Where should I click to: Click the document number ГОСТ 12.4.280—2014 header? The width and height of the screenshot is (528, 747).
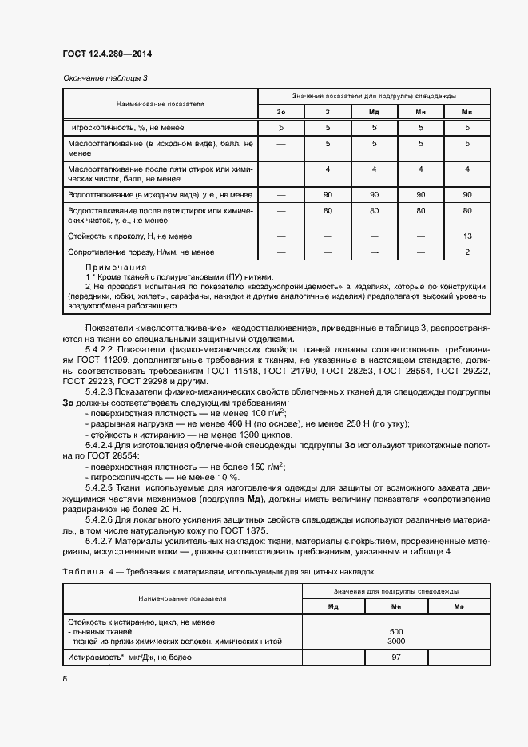tap(106, 54)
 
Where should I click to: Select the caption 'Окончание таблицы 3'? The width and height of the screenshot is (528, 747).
tap(105, 77)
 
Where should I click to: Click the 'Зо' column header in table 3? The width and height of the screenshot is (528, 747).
tap(280, 112)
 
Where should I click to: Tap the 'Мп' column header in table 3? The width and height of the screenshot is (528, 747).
tap(467, 112)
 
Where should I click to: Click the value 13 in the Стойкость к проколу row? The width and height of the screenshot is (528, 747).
tap(467, 236)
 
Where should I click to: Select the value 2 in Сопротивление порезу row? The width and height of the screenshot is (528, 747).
tap(467, 252)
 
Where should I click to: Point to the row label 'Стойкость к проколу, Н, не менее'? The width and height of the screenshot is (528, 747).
tap(129, 236)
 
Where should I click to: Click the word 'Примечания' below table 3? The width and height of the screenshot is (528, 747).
tap(116, 267)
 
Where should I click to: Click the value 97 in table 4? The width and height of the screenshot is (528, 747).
tap(396, 657)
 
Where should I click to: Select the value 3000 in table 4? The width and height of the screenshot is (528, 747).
tap(396, 642)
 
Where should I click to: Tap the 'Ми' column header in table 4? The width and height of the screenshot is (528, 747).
tap(396, 606)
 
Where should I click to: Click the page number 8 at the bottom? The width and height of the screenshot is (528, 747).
tap(65, 679)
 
